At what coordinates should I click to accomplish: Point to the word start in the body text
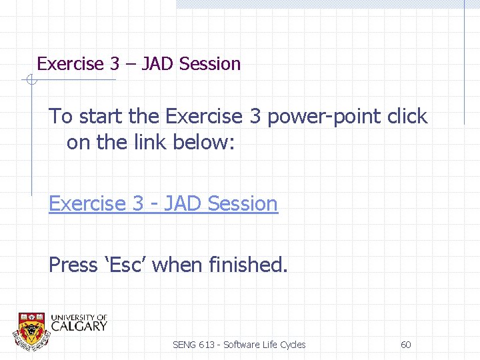[x=101, y=117]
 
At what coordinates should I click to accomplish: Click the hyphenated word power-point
[x=325, y=117]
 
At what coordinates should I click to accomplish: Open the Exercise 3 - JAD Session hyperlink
[x=163, y=203]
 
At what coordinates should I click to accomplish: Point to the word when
[x=178, y=265]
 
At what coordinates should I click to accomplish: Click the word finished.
[x=248, y=265]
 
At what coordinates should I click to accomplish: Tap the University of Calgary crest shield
[x=31, y=329]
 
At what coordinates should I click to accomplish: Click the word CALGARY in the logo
[x=79, y=326]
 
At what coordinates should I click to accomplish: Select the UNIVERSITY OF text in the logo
[x=79, y=317]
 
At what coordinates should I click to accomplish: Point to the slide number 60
[x=405, y=345]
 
